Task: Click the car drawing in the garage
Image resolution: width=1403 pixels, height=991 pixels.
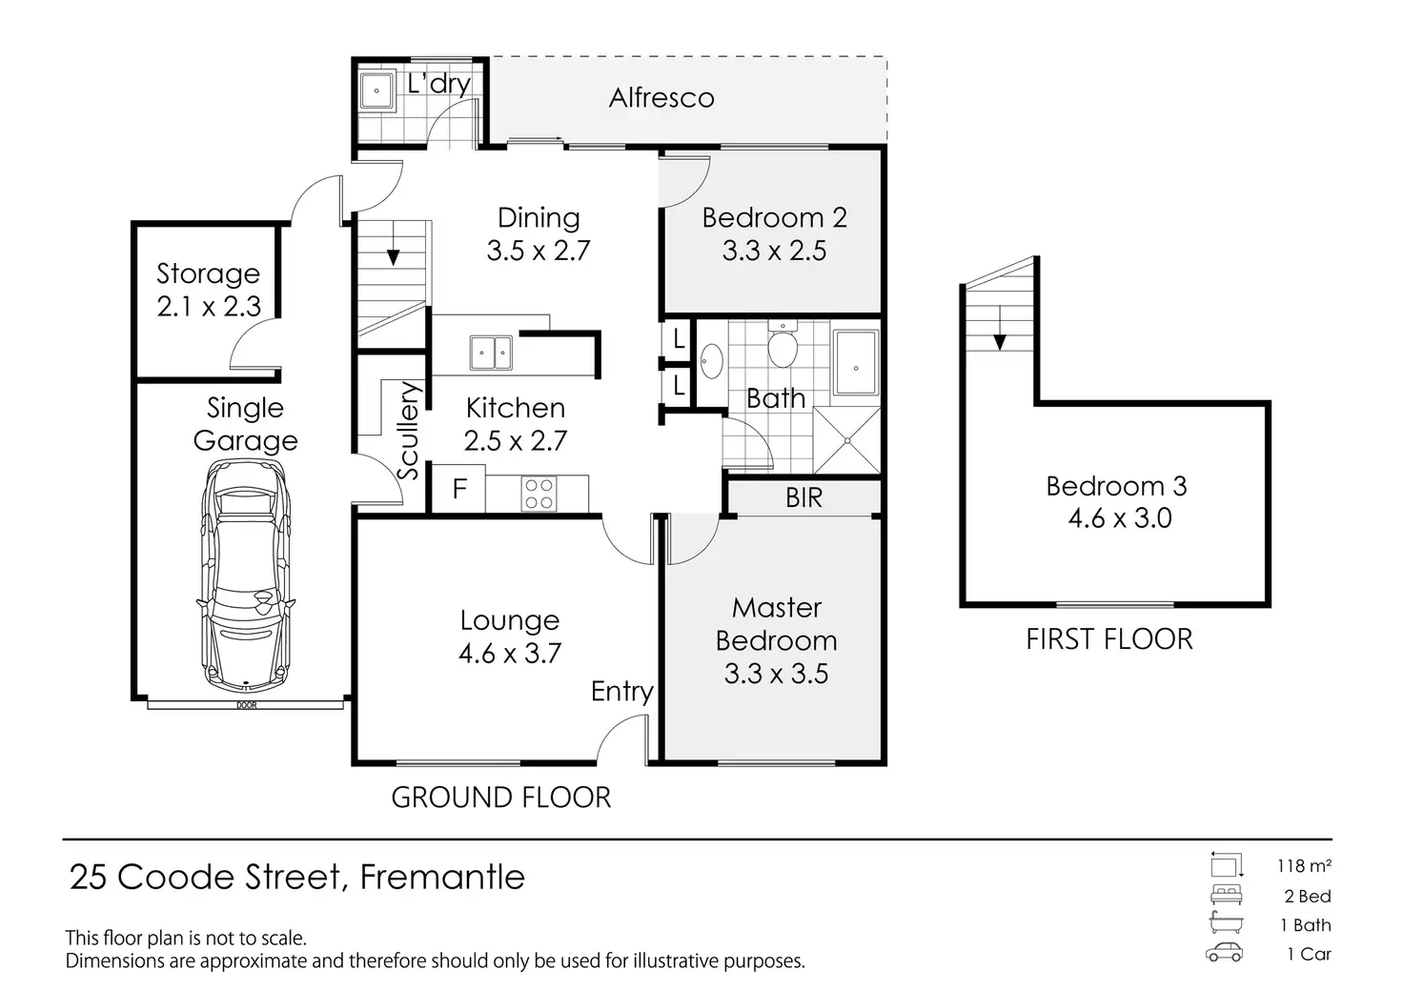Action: (x=246, y=576)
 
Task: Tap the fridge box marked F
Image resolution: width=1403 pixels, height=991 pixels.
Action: (x=459, y=489)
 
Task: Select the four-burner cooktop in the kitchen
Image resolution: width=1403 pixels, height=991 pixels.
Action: (x=539, y=494)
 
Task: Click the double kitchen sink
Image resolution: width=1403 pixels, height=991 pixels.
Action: (x=491, y=353)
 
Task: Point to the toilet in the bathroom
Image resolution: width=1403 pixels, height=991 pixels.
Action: (x=782, y=344)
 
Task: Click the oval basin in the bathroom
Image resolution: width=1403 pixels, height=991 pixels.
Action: (x=711, y=361)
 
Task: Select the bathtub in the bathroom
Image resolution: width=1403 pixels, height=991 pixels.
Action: (x=856, y=362)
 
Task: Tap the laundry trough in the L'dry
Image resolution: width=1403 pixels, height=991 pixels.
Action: (x=376, y=91)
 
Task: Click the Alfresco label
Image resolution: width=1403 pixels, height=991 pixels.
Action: (x=661, y=97)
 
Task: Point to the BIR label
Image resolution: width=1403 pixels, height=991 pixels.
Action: (x=803, y=497)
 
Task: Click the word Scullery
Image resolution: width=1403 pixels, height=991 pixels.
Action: (x=408, y=431)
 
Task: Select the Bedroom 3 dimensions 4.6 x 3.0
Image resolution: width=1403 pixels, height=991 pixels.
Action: (x=1119, y=518)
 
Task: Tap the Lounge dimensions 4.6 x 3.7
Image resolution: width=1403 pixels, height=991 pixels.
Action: (x=510, y=654)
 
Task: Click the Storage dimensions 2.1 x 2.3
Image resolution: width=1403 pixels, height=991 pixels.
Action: (x=209, y=307)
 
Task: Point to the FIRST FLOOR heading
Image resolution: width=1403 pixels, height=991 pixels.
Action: (x=1109, y=639)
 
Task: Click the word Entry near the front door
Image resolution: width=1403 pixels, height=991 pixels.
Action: (x=622, y=692)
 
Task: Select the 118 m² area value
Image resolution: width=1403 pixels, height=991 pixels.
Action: (x=1304, y=866)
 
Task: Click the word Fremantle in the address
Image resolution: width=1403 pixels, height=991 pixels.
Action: (x=442, y=877)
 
